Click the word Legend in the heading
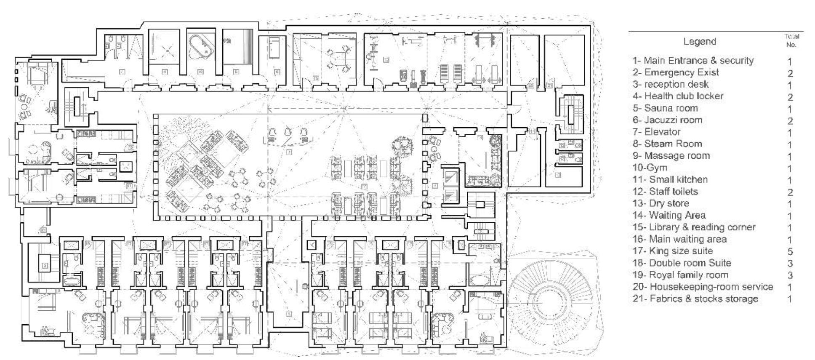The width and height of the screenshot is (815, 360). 699,42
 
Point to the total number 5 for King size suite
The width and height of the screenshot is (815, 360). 790,251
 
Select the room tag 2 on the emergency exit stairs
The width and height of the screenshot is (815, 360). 45,266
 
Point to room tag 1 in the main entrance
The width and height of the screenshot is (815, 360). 289,314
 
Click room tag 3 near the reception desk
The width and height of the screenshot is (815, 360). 289,152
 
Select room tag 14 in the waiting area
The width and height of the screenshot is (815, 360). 533,132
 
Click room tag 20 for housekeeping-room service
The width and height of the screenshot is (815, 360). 531,85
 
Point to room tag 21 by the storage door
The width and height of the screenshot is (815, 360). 550,85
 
